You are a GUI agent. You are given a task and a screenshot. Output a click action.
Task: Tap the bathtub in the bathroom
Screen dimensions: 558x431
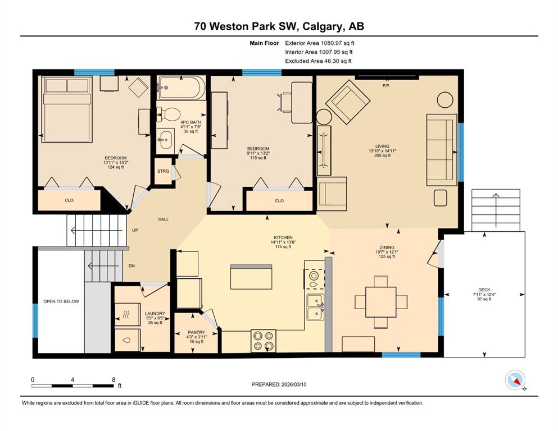[181, 88]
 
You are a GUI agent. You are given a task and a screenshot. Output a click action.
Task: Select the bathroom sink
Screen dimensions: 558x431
[165, 140]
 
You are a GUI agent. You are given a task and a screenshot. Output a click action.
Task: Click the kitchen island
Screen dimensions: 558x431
[251, 277]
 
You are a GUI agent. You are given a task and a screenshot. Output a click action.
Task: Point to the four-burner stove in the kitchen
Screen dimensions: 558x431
[264, 341]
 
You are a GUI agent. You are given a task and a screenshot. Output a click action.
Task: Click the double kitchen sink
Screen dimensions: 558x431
[315, 308]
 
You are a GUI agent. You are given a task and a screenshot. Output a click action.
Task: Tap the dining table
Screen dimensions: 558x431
[381, 302]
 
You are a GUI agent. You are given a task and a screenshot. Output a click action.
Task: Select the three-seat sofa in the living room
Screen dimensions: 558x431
[442, 150]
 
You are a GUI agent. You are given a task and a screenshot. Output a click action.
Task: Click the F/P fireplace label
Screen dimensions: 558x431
[385, 86]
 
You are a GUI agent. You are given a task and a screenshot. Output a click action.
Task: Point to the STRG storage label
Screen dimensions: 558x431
[164, 171]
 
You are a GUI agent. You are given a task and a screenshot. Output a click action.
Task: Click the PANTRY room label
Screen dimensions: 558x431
[197, 332]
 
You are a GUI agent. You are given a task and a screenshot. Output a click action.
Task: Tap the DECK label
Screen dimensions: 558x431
[484, 290]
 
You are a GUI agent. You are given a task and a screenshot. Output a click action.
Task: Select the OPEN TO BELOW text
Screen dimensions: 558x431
[61, 301]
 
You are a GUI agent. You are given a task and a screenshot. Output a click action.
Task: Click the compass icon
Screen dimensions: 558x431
[515, 380]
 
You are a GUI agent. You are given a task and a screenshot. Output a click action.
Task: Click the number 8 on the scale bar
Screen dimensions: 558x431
[114, 379]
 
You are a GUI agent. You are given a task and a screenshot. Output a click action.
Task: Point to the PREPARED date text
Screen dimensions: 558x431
[279, 384]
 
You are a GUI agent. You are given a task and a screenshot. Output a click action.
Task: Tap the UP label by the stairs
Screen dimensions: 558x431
[135, 230]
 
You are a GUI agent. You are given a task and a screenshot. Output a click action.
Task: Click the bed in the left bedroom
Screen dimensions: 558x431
[66, 109]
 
